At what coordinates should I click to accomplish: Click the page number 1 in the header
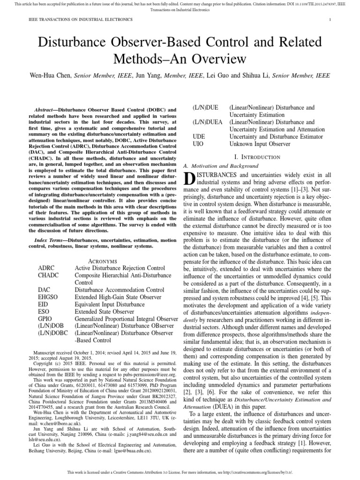coord(330,19)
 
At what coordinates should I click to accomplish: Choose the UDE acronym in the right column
coord(200,136)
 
